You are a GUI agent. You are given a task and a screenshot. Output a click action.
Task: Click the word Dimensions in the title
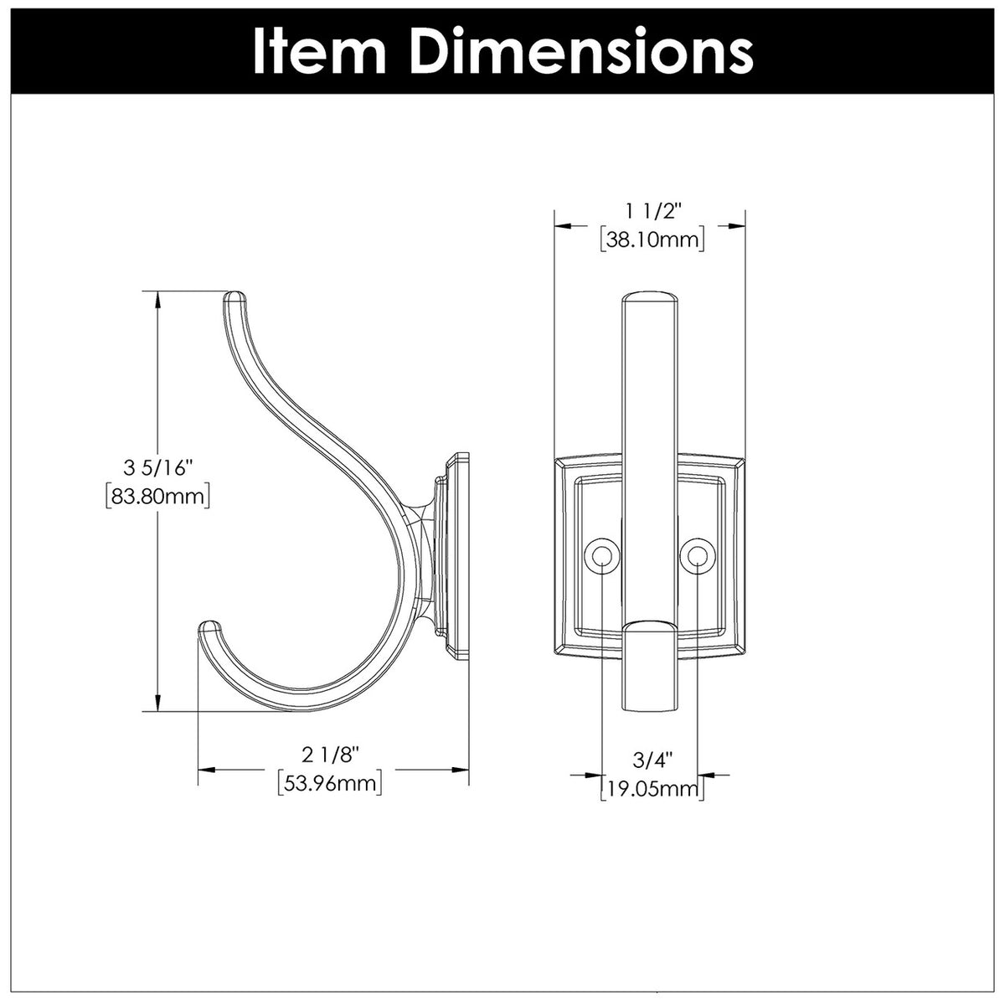point(584,52)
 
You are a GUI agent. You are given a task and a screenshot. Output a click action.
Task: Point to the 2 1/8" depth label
point(331,755)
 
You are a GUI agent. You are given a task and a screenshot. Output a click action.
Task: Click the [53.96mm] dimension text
point(331,785)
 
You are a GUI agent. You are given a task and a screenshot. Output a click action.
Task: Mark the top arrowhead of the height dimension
point(158,298)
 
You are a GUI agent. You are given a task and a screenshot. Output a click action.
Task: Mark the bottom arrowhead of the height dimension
point(158,705)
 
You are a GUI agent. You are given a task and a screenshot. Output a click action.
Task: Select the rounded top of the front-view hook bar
point(649,298)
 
